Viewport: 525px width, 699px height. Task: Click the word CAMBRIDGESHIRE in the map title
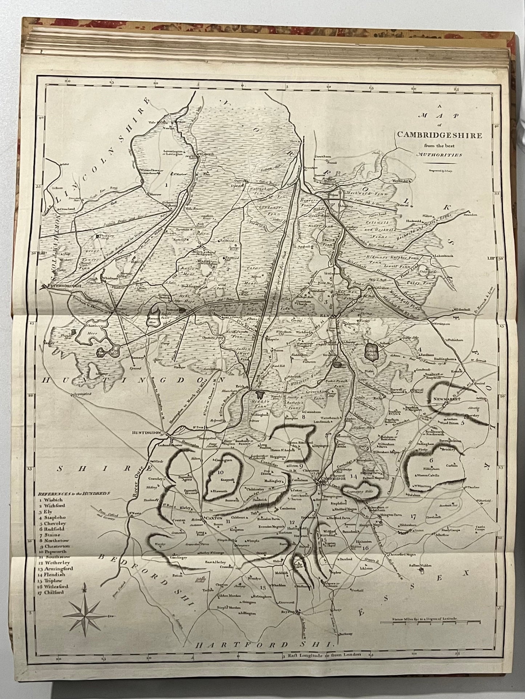(439, 135)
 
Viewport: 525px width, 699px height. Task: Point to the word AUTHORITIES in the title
(440, 154)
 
